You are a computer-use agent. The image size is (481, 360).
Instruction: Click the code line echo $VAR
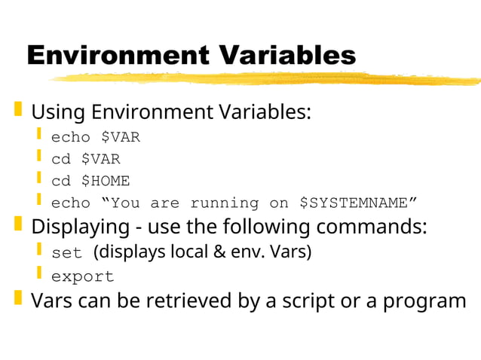click(x=95, y=138)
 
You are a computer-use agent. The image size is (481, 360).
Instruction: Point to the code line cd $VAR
click(x=85, y=160)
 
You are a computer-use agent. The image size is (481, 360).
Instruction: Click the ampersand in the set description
click(x=219, y=252)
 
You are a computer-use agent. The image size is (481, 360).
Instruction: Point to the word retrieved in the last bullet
click(x=192, y=301)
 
